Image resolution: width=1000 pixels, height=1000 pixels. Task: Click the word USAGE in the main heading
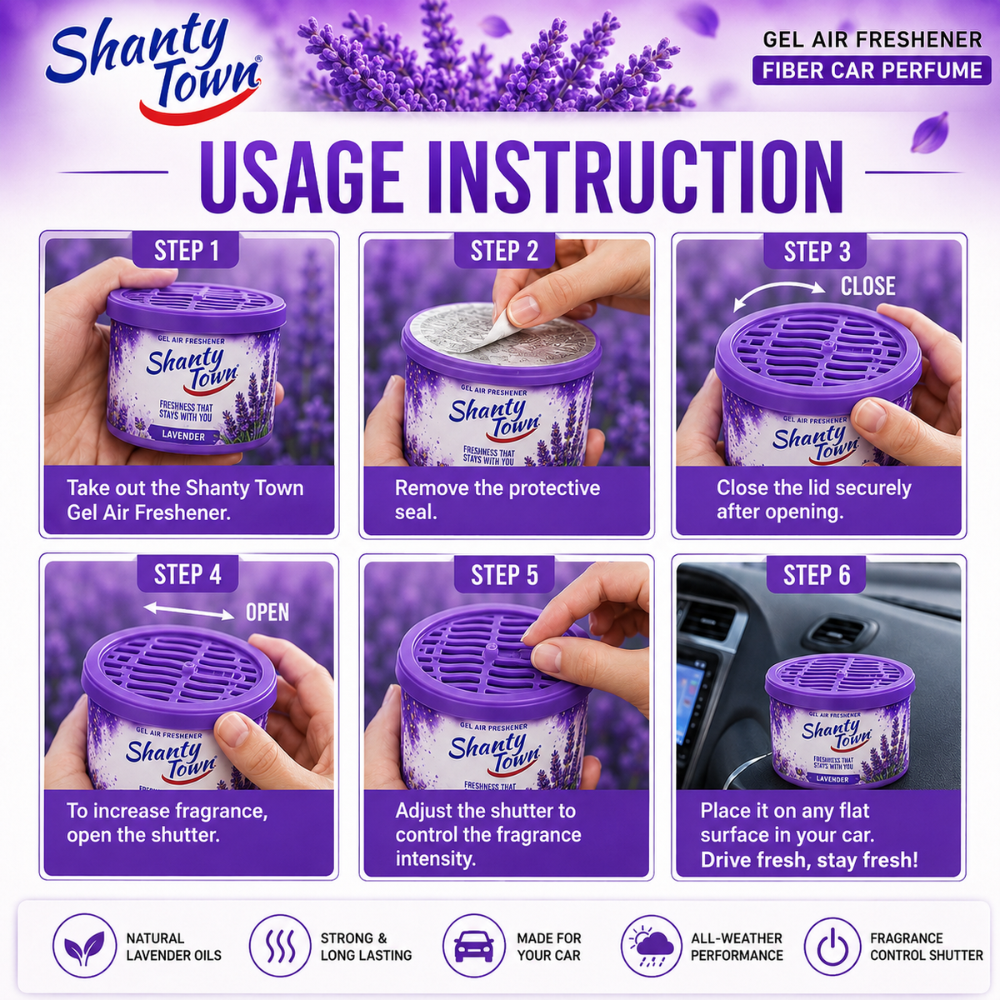pos(302,177)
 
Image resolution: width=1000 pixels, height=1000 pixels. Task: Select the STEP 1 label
pos(187,251)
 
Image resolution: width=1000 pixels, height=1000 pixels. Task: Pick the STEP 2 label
pos(504,251)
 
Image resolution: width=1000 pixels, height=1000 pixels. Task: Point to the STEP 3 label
pos(817,252)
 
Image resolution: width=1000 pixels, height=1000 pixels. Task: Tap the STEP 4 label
pos(187,574)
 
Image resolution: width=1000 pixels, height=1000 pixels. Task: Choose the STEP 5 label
pos(504,575)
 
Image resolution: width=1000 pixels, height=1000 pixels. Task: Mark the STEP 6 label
pos(817,575)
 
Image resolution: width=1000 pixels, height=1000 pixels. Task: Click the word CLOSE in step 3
pos(868,286)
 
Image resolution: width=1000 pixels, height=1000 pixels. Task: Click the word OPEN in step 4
pos(267,612)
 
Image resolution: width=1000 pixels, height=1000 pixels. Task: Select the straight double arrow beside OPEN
pos(189,611)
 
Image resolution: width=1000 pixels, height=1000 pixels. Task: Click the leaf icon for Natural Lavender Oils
pos(85,946)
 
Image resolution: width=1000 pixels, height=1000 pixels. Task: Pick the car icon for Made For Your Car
pos(474,946)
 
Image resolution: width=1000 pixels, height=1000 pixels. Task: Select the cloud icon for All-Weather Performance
pos(652,946)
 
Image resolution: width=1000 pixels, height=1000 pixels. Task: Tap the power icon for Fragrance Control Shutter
pos(832,947)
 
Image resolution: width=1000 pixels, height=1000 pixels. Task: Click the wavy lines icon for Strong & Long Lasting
pos(280,946)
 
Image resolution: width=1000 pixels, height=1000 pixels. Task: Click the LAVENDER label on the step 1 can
pos(183,436)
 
